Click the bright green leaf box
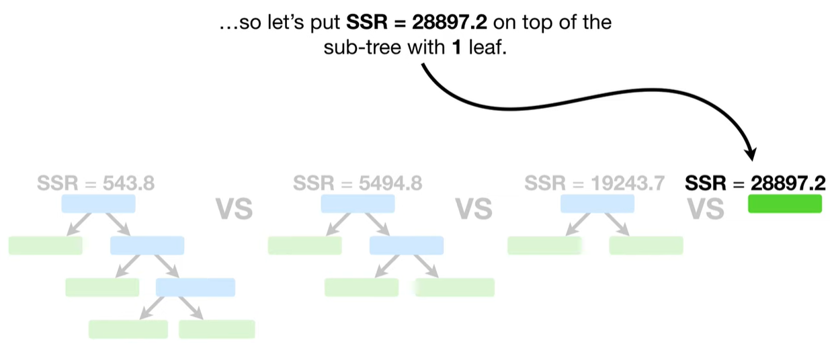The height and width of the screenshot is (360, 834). (785, 204)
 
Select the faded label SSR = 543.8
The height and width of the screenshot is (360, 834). (96, 183)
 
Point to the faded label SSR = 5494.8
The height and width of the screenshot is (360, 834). (358, 183)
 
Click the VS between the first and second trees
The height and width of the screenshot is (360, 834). (234, 210)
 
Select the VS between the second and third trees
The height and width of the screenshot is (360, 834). (474, 210)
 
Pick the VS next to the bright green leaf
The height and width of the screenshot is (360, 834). (706, 210)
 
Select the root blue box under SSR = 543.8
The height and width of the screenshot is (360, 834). (98, 204)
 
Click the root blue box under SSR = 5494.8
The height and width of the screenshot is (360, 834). (358, 204)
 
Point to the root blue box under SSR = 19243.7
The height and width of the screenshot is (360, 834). (597, 204)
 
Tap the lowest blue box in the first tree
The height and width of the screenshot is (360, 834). (196, 287)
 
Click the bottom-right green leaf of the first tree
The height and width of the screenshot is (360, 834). (216, 329)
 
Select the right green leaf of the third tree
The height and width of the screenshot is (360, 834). (646, 245)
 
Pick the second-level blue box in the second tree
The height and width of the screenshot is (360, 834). (406, 245)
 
